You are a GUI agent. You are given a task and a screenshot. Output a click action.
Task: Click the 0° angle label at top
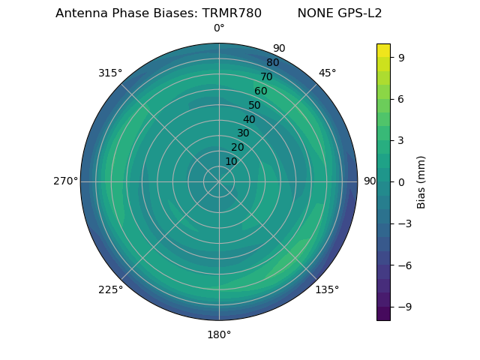point(219,28)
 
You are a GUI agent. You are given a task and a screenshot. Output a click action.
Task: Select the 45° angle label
point(327,73)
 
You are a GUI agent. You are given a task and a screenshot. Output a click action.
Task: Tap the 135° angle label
point(327,289)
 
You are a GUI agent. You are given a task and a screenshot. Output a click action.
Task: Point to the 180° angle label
point(219,334)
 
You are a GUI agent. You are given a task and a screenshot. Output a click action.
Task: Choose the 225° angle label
point(110,289)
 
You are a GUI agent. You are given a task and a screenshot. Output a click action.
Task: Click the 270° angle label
point(65,181)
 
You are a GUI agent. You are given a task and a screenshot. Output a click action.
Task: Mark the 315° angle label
point(110,73)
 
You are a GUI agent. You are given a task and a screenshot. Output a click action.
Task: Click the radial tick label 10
point(231,161)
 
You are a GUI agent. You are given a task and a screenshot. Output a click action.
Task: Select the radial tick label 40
point(249,119)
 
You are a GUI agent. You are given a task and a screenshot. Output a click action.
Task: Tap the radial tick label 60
point(260,91)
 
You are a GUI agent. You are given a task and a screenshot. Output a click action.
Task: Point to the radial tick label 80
point(272,63)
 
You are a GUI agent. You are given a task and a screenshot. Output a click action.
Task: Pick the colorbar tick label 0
point(401,181)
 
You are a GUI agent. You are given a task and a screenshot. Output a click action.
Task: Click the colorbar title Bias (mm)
point(421,181)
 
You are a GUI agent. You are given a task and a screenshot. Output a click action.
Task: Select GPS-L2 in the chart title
point(361,13)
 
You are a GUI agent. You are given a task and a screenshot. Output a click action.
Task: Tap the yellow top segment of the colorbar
point(383,50)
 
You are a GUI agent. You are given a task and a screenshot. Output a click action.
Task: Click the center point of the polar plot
point(219,181)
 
